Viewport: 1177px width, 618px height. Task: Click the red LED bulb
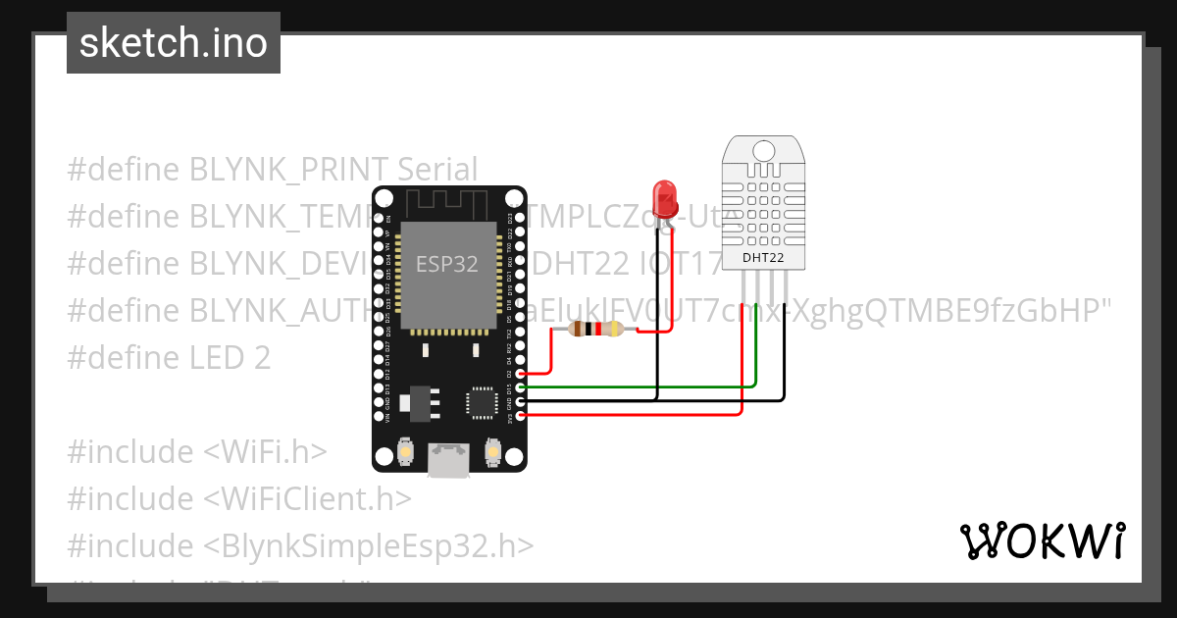664,196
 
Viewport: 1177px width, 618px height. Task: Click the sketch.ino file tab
174,43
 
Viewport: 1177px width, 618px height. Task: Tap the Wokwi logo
1042,541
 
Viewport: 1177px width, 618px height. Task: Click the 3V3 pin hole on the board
521,416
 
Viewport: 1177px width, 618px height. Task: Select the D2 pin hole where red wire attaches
521,373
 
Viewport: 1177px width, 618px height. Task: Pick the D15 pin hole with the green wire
521,387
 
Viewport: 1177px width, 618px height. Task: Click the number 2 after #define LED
261,358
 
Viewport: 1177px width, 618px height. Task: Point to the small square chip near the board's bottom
483,402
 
